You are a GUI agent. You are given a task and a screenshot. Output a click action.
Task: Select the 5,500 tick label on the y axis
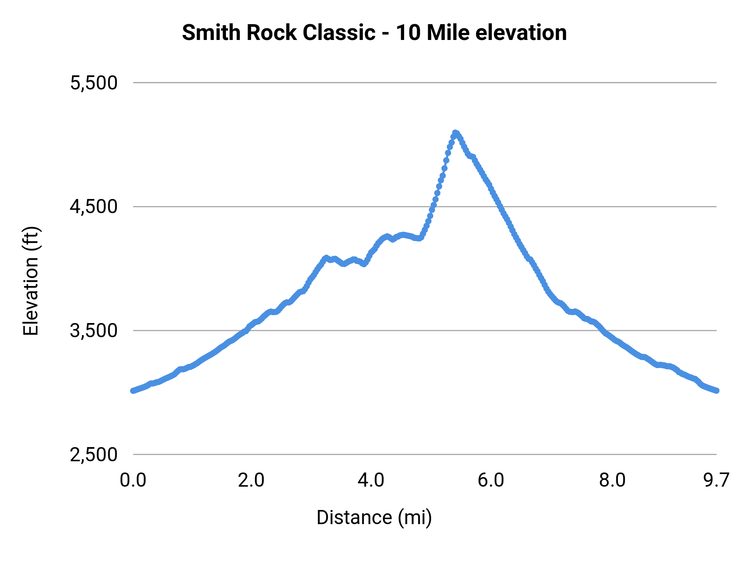point(94,83)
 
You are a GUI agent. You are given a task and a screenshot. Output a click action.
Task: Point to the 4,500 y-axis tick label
point(94,207)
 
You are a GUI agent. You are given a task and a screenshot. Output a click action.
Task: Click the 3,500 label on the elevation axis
point(94,331)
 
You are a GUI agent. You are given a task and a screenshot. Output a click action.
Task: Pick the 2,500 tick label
point(94,455)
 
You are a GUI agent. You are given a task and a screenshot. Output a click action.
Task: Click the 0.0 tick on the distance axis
point(133,480)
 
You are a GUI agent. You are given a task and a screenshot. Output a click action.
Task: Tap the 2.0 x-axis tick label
point(251,480)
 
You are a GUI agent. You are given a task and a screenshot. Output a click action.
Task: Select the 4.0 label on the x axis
point(371,480)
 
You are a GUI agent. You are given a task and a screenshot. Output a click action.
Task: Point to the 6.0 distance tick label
point(491,480)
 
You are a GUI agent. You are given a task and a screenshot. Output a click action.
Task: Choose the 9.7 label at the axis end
point(716,480)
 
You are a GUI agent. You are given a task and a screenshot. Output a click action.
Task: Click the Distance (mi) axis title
point(374,517)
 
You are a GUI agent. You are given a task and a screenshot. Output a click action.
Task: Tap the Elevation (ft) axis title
point(31,281)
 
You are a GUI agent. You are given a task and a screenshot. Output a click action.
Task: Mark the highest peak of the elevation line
point(455,132)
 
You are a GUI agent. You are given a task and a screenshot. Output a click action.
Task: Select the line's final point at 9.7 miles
point(717,390)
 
